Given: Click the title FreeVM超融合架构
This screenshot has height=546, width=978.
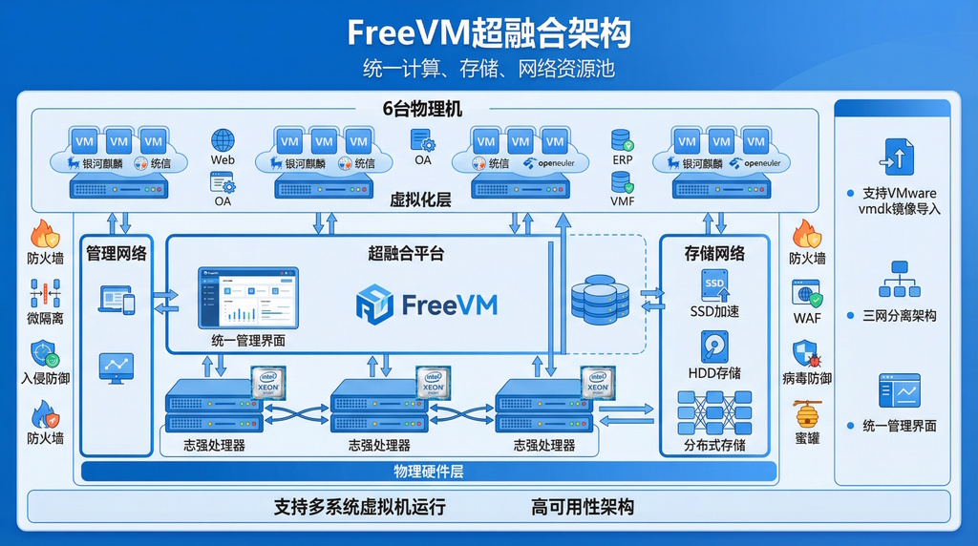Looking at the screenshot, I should [488, 33].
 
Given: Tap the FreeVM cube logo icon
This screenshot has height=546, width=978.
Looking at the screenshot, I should [374, 304].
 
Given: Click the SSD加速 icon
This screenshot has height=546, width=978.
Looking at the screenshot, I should [714, 284].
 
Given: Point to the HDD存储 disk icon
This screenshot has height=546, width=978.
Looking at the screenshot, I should [714, 346].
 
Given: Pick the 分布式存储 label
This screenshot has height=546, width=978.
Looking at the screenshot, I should [714, 445].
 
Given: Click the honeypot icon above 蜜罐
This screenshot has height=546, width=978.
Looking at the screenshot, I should [806, 414].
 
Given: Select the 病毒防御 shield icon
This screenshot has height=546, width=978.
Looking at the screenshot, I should [806, 354].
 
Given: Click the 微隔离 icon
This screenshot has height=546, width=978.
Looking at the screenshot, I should [45, 294].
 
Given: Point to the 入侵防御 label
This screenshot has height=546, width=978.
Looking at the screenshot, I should [45, 378].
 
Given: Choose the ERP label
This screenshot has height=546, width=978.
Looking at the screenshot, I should [623, 160].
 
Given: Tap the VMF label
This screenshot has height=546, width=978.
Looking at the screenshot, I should [623, 201].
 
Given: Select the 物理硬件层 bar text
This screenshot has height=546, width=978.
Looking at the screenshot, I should [428, 472].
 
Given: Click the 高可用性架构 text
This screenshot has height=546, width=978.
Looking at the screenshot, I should [583, 507].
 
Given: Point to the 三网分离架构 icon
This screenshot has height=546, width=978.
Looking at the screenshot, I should [899, 280].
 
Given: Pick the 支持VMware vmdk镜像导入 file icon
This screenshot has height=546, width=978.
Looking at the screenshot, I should [899, 156].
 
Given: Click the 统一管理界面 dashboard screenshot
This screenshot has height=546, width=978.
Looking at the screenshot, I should [248, 299].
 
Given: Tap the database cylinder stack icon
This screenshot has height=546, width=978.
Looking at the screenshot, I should [599, 298].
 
